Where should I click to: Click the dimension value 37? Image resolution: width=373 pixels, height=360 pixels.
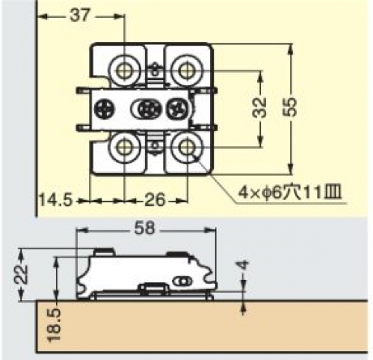(x=79, y=16)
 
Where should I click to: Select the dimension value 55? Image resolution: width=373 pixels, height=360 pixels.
(x=290, y=107)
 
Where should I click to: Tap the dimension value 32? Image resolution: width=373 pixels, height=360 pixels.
(x=259, y=107)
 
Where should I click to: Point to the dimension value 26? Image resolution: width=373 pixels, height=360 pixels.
(x=155, y=200)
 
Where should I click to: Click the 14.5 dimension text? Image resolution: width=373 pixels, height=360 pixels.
(x=56, y=200)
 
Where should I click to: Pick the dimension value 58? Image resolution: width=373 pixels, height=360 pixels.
(x=145, y=228)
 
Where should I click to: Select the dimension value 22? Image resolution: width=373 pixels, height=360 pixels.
(x=21, y=274)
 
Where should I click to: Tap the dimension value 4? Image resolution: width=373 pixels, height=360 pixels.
(x=244, y=266)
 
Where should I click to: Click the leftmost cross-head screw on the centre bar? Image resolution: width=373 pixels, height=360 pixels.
(x=104, y=109)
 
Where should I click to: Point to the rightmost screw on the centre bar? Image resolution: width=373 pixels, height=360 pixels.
(x=175, y=109)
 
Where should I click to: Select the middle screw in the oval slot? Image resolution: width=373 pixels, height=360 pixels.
(x=147, y=109)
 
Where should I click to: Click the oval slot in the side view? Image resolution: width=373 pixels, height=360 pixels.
(x=183, y=281)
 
